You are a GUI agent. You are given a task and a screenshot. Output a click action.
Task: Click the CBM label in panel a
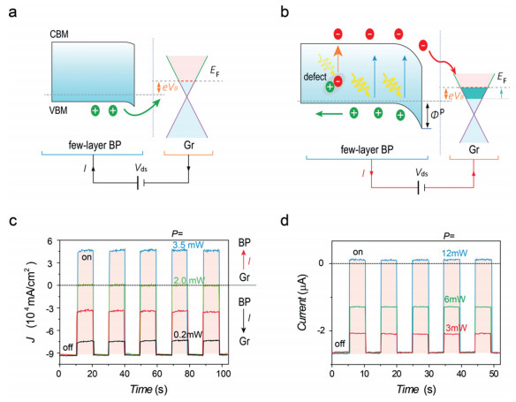tap(59, 34)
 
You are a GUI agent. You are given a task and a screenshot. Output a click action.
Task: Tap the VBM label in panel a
tap(58, 110)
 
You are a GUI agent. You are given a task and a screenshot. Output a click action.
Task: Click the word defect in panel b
tap(315, 77)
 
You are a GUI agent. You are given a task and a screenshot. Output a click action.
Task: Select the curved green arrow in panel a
tap(142, 110)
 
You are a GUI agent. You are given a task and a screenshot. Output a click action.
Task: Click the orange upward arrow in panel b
tap(338, 60)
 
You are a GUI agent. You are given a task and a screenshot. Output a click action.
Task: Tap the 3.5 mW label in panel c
tap(188, 245)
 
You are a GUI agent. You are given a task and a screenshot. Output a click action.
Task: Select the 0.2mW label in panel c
tap(188, 335)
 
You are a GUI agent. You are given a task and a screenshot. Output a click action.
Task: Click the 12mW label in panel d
tap(455, 254)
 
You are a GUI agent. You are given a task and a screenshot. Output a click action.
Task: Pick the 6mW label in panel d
tap(454, 300)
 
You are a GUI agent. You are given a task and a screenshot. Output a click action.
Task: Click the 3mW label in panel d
tap(457, 328)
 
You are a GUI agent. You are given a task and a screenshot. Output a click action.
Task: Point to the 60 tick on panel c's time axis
tap(157, 374)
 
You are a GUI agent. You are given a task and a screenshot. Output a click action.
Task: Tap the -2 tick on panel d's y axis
tap(322, 330)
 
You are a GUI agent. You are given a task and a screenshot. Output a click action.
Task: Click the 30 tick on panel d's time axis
tap(429, 374)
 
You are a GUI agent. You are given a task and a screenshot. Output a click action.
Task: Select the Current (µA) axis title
tap(303, 301)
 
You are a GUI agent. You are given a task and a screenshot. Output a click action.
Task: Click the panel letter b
tap(285, 12)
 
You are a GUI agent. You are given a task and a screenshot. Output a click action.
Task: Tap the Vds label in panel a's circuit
tap(140, 168)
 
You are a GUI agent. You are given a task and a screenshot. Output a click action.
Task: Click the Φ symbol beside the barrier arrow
tap(435, 116)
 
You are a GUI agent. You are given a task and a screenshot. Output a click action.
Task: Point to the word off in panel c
tap(67, 348)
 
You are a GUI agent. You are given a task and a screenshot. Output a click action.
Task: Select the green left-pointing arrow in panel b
tap(330, 114)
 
